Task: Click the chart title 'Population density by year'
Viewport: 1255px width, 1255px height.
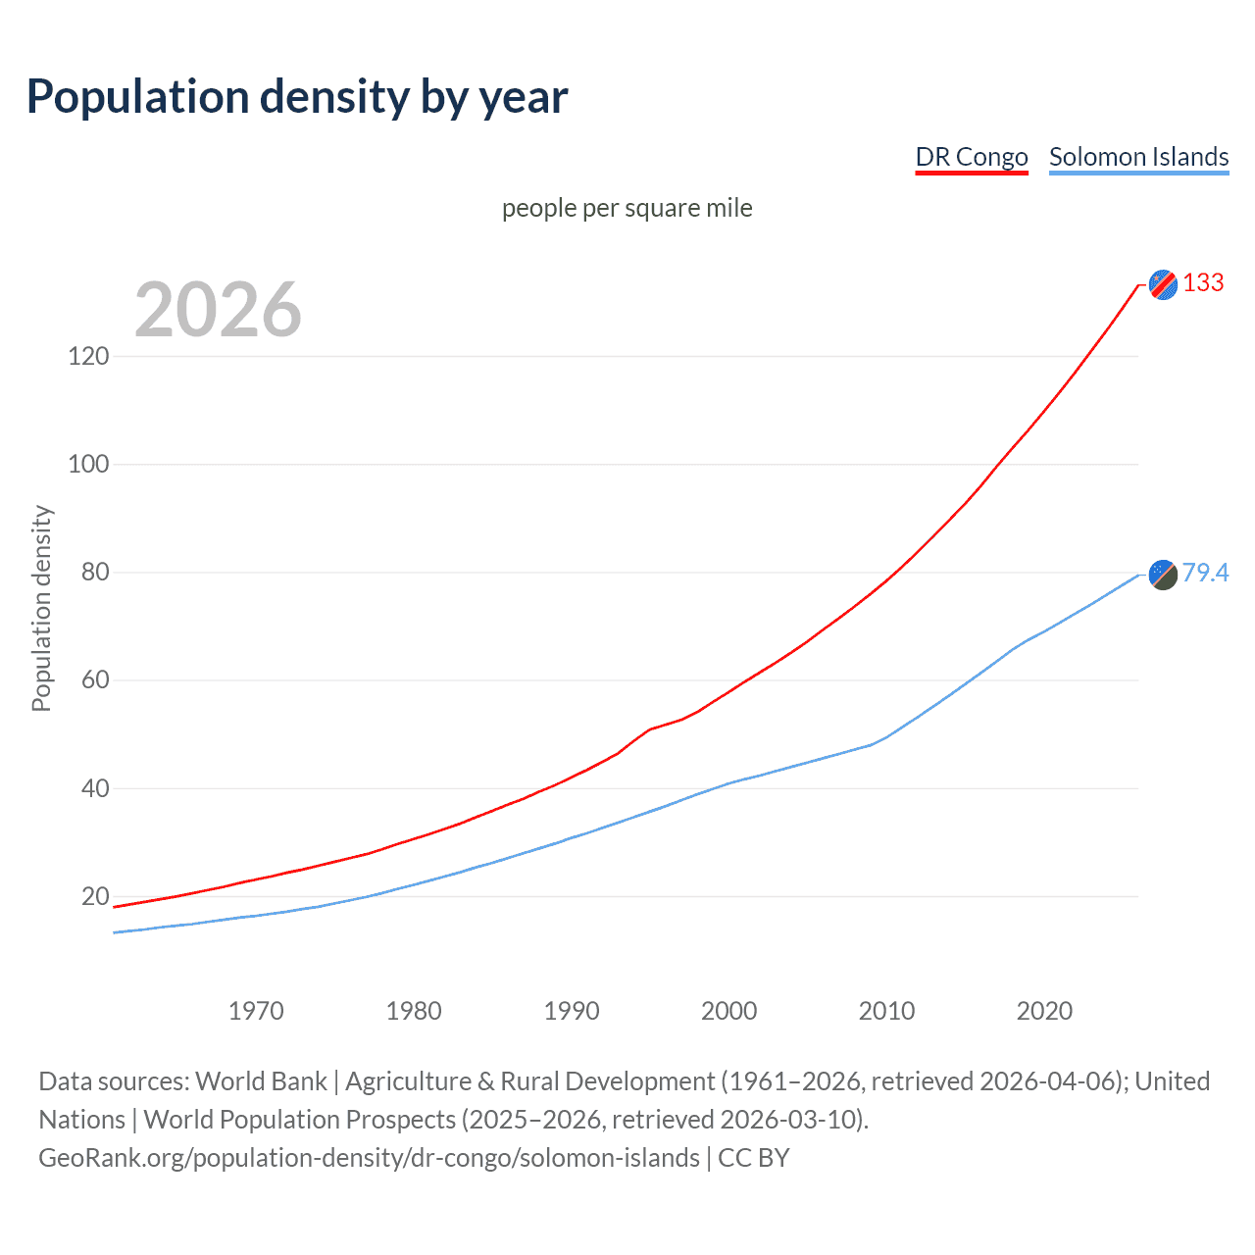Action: [297, 97]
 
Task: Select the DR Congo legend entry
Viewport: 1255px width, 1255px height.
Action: [971, 157]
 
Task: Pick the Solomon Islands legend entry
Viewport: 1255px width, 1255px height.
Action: [1138, 157]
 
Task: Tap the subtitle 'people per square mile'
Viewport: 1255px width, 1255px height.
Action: [627, 208]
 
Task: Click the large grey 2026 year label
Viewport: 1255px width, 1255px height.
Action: [218, 310]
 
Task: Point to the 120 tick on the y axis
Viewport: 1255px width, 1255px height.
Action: [88, 356]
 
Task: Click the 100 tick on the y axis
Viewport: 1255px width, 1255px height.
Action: [88, 464]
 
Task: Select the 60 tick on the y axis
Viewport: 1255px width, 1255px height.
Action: [94, 680]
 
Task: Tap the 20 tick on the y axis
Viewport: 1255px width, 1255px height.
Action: [94, 896]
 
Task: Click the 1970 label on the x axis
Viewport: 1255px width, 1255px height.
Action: [256, 1011]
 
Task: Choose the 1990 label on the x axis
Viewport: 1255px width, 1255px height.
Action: [572, 1011]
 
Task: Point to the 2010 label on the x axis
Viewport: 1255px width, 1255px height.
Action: [886, 1011]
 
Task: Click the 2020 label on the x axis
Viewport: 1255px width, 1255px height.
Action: [1044, 1011]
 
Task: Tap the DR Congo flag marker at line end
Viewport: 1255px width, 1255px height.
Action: [1163, 284]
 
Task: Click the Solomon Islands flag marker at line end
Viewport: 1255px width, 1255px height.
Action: [1163, 575]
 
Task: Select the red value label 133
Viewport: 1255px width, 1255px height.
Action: [1203, 283]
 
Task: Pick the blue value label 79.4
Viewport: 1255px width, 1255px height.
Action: [1205, 573]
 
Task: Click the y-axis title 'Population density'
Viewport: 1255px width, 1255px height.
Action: [41, 608]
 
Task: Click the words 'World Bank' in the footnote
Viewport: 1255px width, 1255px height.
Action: [261, 1081]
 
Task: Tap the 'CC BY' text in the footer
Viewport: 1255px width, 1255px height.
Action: [753, 1158]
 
